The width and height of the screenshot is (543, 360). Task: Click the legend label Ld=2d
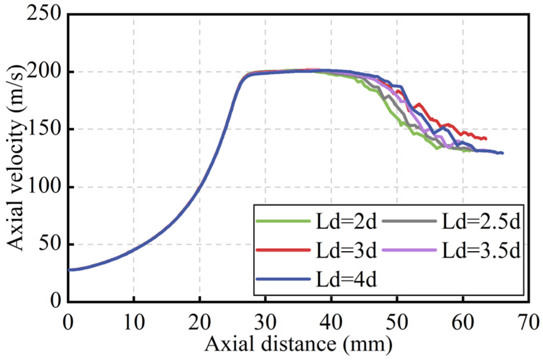coord(346,222)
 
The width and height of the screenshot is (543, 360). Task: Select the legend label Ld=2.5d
coord(481,222)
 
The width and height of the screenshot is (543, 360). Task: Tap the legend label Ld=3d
coord(346,250)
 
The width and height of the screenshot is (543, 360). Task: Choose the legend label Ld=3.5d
coord(481,250)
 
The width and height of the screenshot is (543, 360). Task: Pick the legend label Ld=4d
coord(346,279)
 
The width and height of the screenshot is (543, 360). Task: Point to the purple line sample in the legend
coord(409,250)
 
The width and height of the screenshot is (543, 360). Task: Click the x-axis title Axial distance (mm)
coord(298,344)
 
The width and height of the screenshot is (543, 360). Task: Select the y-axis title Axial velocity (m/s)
coord(15,157)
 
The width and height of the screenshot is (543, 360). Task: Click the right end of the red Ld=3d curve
coord(486,139)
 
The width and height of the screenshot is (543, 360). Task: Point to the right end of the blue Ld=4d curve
coord(503,153)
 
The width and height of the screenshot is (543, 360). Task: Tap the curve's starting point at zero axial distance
coord(69,270)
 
